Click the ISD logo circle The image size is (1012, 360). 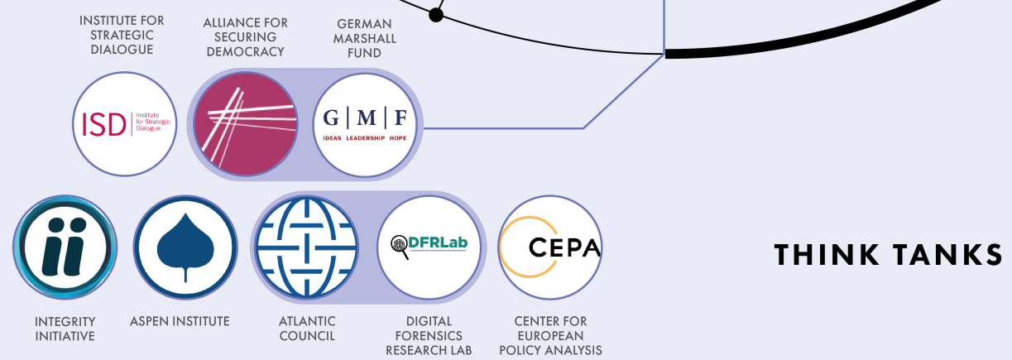pos(125,123)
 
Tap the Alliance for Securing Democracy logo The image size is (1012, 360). pos(245,123)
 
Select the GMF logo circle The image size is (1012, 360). pos(365,123)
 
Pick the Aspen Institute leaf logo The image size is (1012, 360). pos(185,247)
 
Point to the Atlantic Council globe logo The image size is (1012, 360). pos(307,247)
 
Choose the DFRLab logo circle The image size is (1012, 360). pos(429,247)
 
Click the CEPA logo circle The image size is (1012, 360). pos(550,247)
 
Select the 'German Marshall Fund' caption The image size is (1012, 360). pos(364,38)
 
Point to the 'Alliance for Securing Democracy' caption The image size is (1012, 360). pos(245,37)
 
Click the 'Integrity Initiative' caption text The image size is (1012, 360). pos(65,329)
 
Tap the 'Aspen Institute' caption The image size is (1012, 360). pos(180,321)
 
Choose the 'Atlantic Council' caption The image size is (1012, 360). pos(307,329)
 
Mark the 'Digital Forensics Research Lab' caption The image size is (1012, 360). pos(429,335)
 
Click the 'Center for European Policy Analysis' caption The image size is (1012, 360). pos(550,335)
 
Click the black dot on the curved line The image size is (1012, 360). pos(436,14)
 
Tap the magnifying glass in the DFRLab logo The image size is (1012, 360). pos(399,247)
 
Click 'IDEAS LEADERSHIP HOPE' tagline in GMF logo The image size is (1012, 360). pos(365,138)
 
